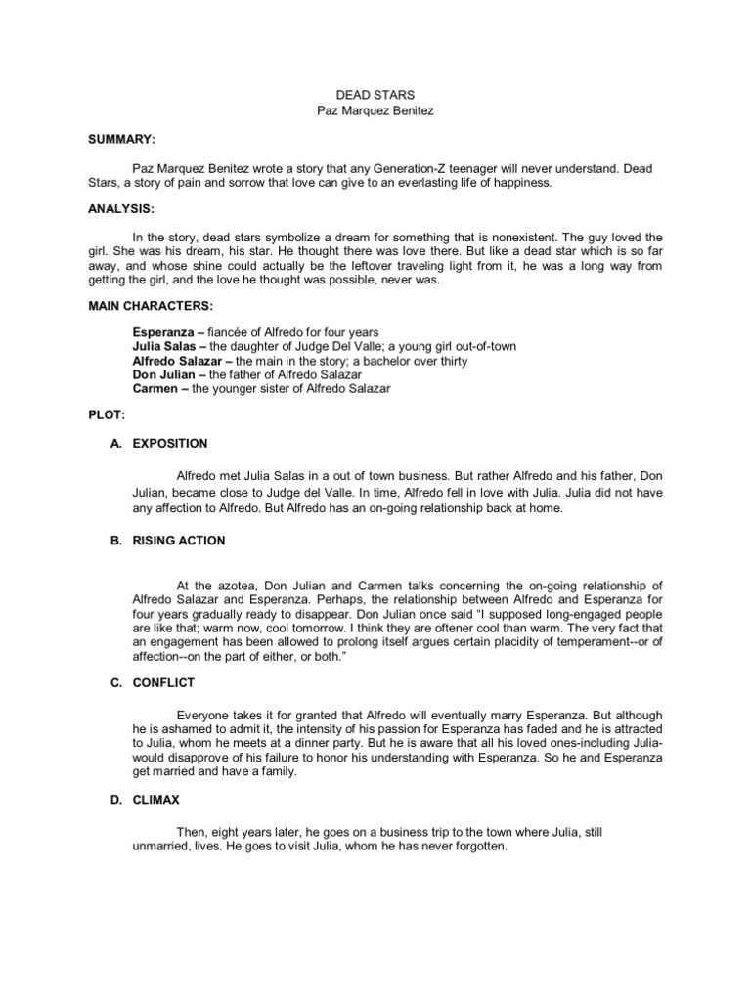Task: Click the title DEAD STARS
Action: (x=375, y=95)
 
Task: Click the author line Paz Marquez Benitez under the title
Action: (x=375, y=110)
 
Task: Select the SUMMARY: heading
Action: (x=120, y=140)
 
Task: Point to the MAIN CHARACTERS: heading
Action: (x=150, y=306)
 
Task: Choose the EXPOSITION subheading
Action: (x=170, y=443)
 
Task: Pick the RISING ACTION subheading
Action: (x=179, y=540)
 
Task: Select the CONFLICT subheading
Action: (x=164, y=682)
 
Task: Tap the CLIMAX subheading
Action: (x=157, y=800)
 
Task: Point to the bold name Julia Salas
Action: (x=165, y=347)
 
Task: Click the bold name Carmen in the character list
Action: (x=155, y=389)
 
